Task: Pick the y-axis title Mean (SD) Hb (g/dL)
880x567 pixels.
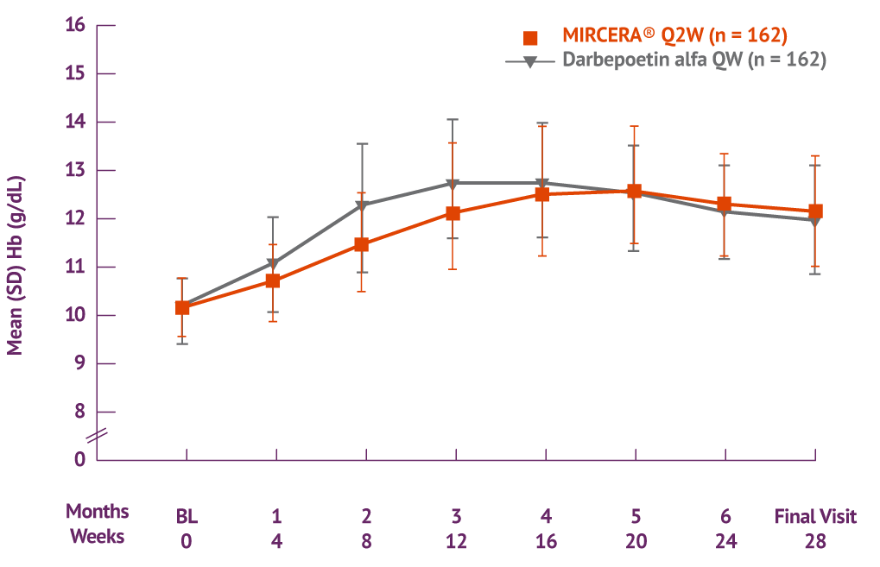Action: point(16,266)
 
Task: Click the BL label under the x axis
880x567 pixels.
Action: point(187,517)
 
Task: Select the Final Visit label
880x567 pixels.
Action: point(815,517)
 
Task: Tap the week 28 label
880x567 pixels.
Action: point(815,541)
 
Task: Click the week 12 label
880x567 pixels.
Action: point(456,541)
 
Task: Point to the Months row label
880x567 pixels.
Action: point(98,512)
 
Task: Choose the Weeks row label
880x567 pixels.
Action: point(98,536)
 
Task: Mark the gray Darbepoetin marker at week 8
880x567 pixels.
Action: point(363,205)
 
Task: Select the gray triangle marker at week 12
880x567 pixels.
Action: point(453,183)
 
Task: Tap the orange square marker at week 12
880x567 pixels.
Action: point(453,213)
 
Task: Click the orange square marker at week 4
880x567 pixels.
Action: point(273,280)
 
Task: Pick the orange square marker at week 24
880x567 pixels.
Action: point(724,204)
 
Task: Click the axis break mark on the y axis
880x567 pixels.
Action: point(97,436)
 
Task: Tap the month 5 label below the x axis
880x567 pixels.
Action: point(636,517)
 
